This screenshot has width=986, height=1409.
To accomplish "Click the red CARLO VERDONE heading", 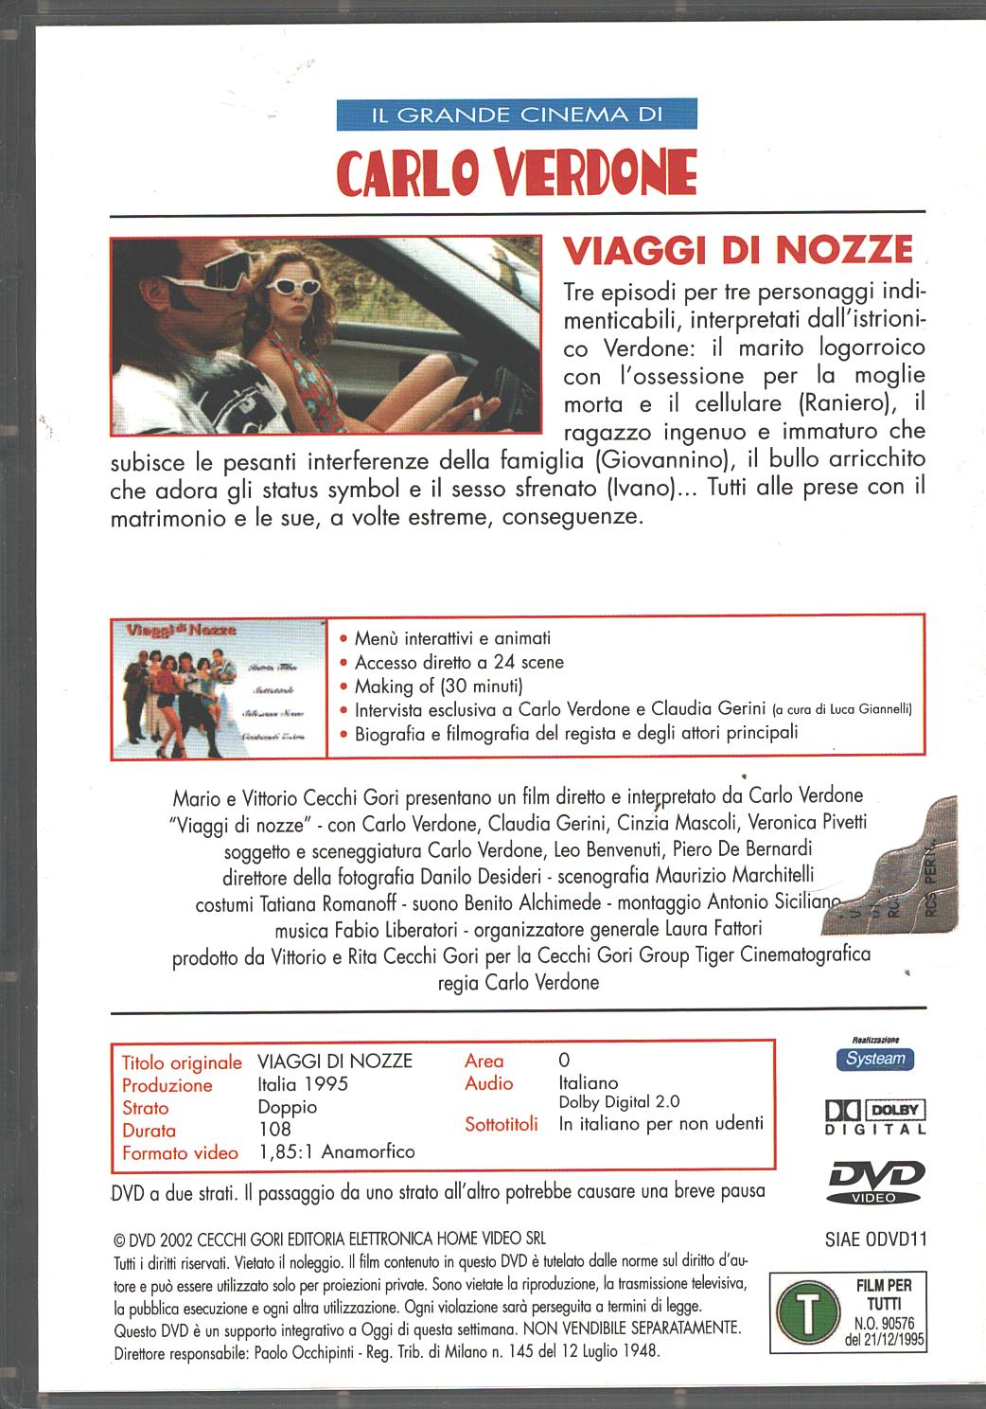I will coord(517,171).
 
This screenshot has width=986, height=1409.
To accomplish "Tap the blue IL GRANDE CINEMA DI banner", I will coord(516,116).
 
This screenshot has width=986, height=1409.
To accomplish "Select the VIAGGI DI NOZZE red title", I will coord(737,250).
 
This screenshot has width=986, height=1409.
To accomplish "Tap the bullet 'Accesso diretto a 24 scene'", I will coord(459,662).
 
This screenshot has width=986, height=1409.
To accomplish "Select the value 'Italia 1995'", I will coord(303,1084).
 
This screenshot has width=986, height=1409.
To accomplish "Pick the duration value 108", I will coord(274,1130).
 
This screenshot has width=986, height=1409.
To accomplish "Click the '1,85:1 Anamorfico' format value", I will coord(337,1151).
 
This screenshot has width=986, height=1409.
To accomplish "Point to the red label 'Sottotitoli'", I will coord(502,1124).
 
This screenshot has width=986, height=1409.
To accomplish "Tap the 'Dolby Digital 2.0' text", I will coord(619,1102).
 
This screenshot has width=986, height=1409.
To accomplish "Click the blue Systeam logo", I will coord(874,1059).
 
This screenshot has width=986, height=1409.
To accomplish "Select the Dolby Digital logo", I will coord(875,1116).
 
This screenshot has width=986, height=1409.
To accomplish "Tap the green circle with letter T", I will coord(803,1311).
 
